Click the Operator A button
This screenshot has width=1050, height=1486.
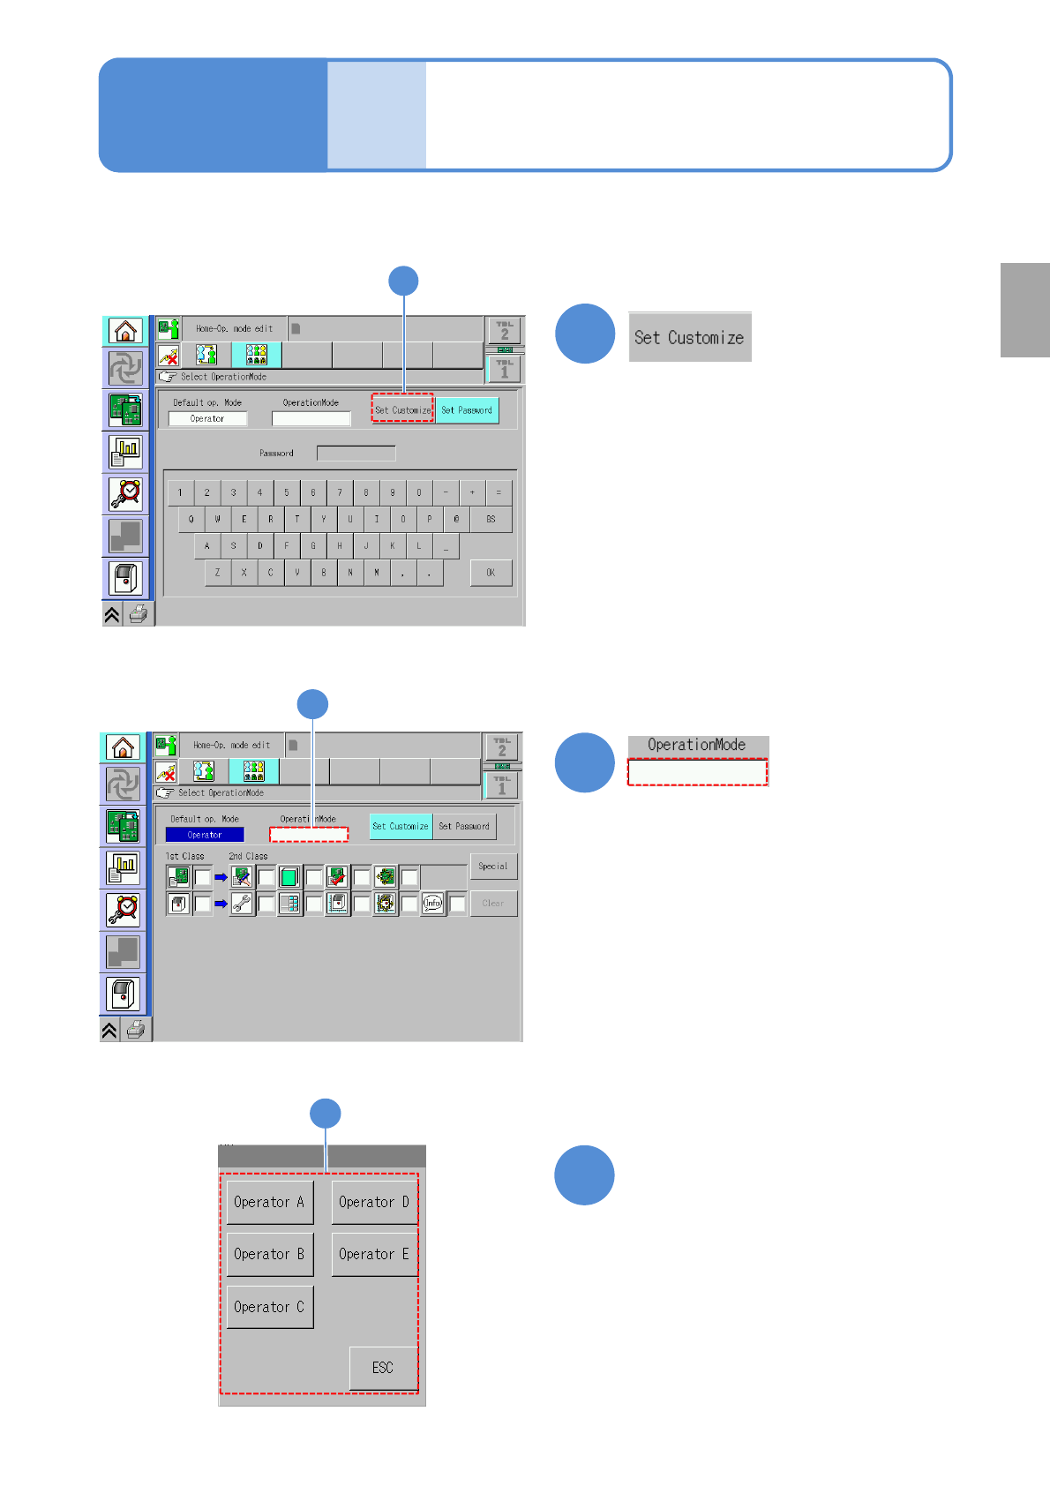coord(269,1202)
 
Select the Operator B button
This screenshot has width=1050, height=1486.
coord(269,1254)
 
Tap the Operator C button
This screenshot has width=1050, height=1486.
coord(269,1307)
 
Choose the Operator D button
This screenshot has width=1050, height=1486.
coord(374,1202)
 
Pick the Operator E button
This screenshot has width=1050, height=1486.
coord(374,1254)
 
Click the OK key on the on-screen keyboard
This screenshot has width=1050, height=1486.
coord(491,573)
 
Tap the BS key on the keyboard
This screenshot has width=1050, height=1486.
coord(491,520)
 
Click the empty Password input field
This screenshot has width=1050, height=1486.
coord(356,454)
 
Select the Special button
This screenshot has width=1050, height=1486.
coord(493,867)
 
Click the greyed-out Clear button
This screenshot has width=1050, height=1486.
coord(493,904)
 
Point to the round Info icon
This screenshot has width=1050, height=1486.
coord(432,904)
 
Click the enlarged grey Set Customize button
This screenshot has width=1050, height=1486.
coord(689,337)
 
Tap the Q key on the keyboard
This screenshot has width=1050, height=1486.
coord(191,520)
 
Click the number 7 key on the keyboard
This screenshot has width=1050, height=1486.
coord(340,493)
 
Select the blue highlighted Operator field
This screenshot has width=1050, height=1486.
coord(205,835)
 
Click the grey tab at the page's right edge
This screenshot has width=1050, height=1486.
coord(1024,310)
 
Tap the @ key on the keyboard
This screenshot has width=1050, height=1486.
coord(456,520)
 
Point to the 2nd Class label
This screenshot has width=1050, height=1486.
coord(248,856)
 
